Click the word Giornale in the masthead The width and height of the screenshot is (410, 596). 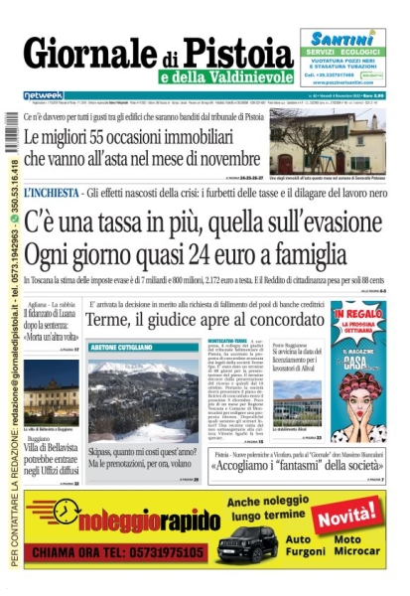tap(96, 52)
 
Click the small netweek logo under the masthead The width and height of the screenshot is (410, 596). tap(36, 95)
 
